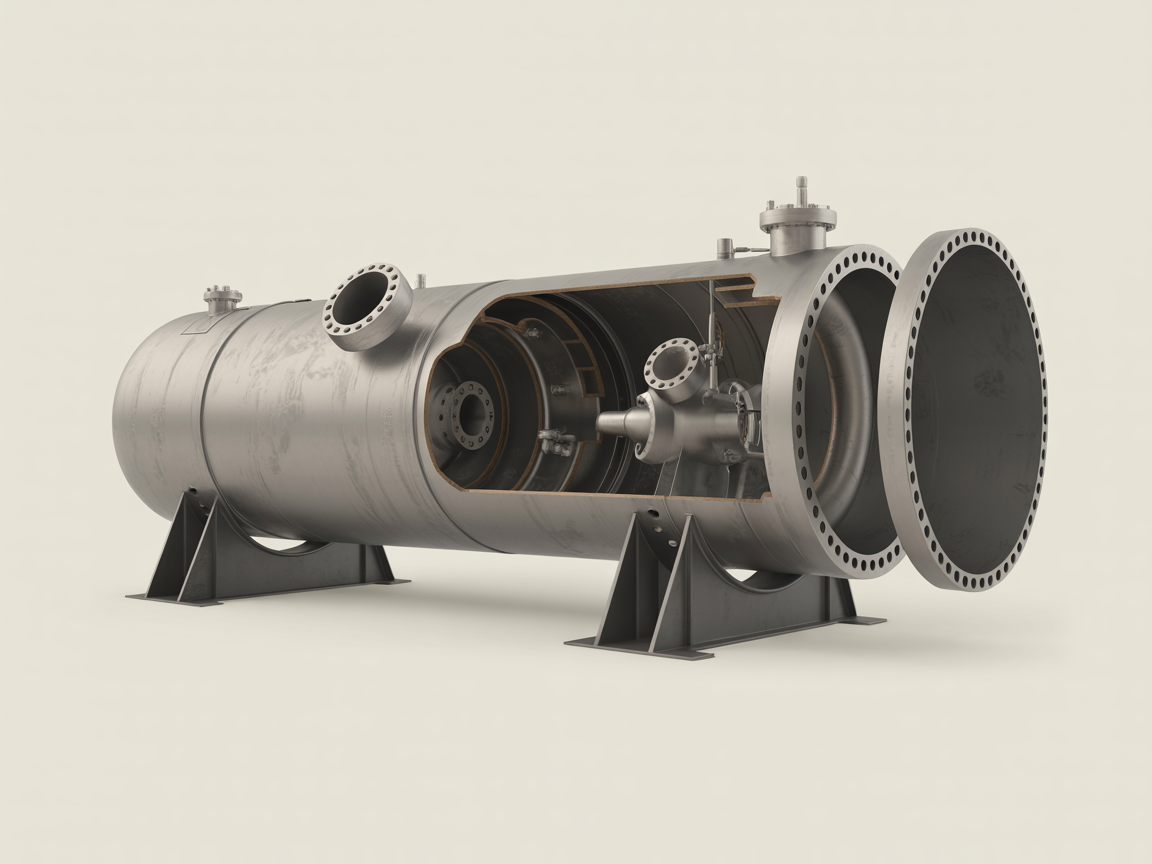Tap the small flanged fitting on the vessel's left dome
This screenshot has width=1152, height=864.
click(223, 298)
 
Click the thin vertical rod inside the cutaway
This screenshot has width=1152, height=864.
click(711, 330)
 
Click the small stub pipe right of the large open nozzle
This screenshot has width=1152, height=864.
click(421, 281)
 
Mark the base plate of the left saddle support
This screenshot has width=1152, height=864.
click(265, 590)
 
